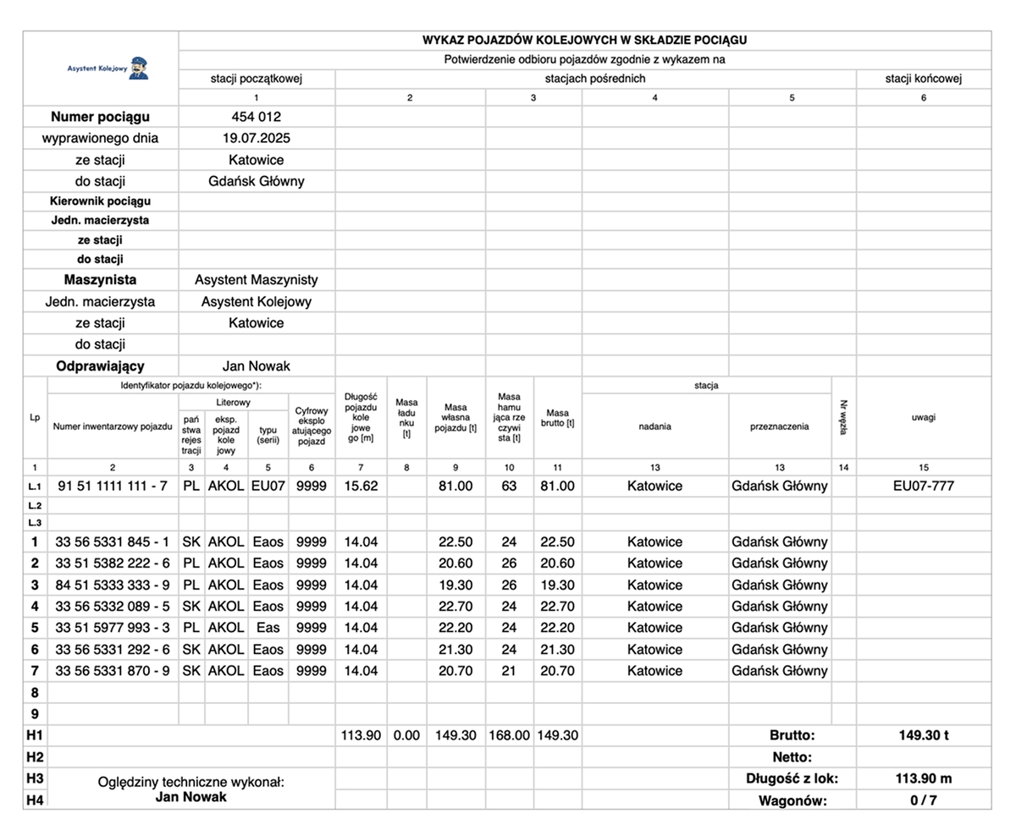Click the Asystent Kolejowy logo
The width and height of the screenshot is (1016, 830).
pyautogui.click(x=108, y=68)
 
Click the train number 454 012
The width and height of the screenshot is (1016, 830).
pyautogui.click(x=256, y=117)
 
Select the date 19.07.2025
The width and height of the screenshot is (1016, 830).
pyautogui.click(x=256, y=138)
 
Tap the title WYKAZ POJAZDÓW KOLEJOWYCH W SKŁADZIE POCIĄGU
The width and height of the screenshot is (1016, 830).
pyautogui.click(x=584, y=40)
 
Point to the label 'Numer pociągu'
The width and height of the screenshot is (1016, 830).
pyautogui.click(x=100, y=117)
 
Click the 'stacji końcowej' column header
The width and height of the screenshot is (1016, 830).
pyautogui.click(x=923, y=79)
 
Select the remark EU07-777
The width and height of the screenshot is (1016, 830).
pyautogui.click(x=923, y=486)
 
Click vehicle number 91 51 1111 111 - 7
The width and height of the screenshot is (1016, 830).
pyautogui.click(x=113, y=486)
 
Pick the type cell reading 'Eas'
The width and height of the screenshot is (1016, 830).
pyautogui.click(x=268, y=628)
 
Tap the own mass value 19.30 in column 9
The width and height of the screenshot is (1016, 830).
pyautogui.click(x=456, y=585)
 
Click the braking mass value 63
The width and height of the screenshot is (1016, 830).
pyautogui.click(x=509, y=486)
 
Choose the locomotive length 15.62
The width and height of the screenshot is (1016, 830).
pyautogui.click(x=361, y=486)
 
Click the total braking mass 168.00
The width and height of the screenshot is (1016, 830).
pyautogui.click(x=509, y=735)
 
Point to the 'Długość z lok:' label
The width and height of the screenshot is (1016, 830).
pyautogui.click(x=792, y=778)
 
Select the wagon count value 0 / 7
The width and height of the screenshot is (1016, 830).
pyautogui.click(x=923, y=800)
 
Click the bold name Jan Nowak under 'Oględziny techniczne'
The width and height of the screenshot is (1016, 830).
pyautogui.click(x=191, y=797)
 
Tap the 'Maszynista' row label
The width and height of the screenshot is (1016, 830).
pyautogui.click(x=100, y=279)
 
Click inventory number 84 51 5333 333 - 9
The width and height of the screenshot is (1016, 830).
pyautogui.click(x=113, y=585)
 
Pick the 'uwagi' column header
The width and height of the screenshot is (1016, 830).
pyautogui.click(x=923, y=417)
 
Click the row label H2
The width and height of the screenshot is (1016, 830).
pyautogui.click(x=35, y=756)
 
